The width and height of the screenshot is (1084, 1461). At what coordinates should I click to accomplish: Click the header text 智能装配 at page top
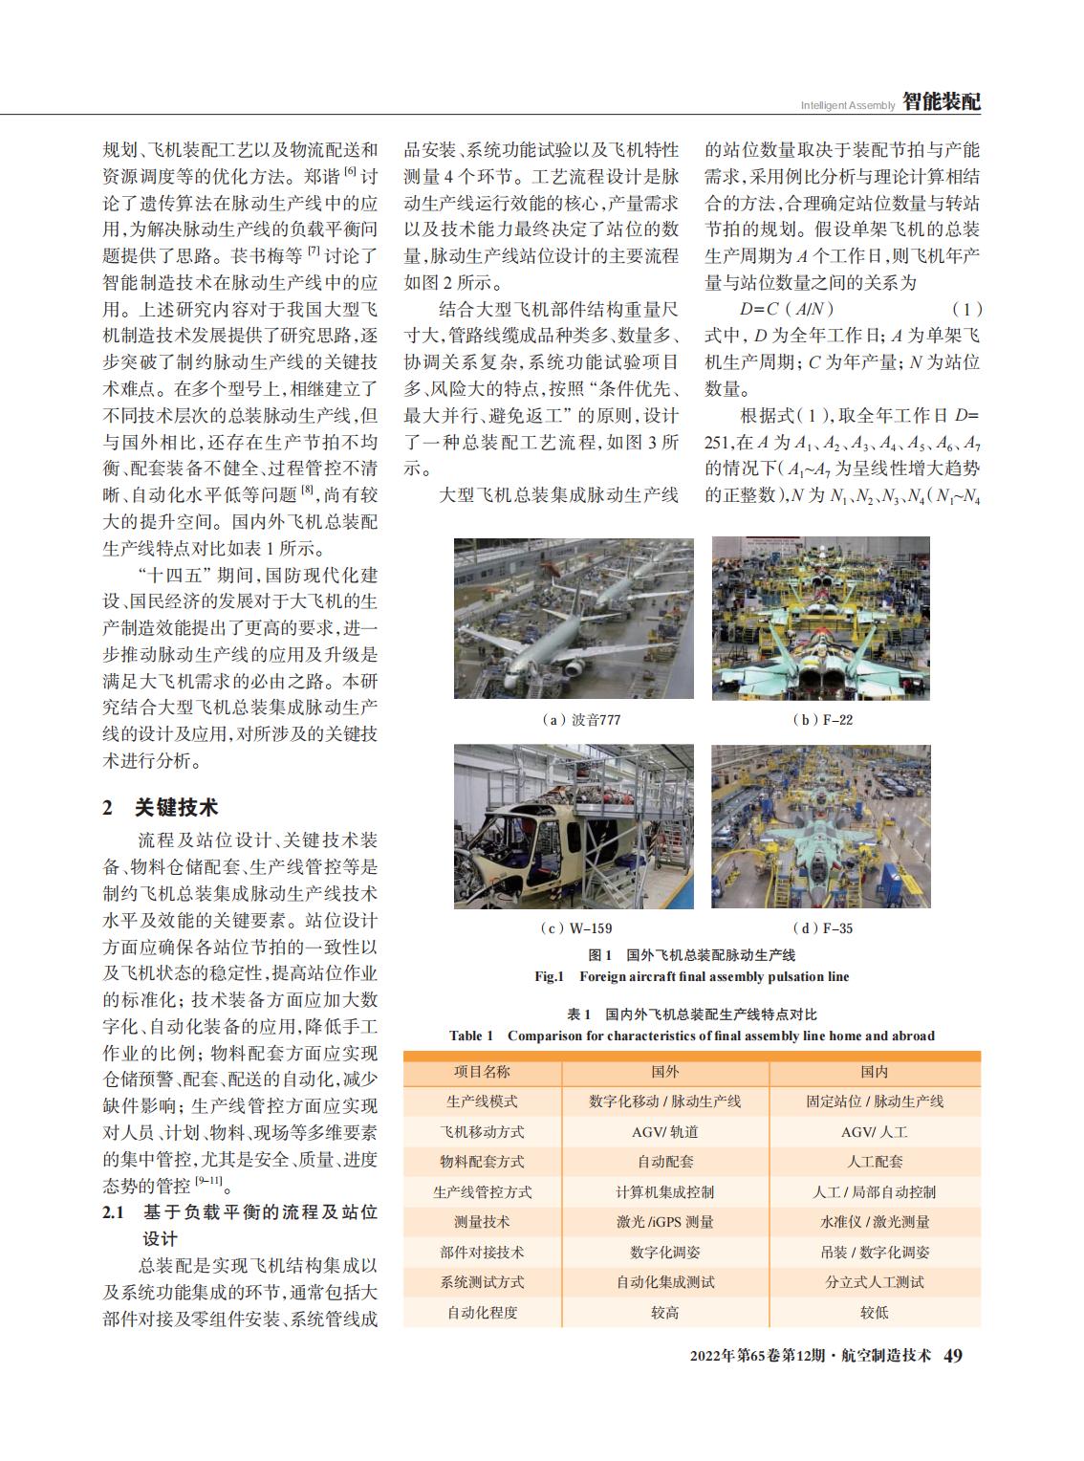point(942,102)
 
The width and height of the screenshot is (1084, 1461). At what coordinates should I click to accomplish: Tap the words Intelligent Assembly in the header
point(848,105)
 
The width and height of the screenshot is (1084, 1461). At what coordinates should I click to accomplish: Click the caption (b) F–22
point(823,720)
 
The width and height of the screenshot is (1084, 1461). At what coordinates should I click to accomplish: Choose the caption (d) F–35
point(823,927)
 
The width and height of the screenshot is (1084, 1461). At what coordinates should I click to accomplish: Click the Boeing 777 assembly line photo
point(574,618)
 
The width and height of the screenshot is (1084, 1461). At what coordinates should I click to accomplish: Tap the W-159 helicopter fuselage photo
point(574,826)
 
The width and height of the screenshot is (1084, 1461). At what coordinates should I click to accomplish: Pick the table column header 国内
point(874,1072)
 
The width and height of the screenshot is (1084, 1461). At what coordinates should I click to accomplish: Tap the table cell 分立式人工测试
point(874,1282)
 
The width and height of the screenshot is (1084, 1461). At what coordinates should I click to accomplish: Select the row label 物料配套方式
point(482,1162)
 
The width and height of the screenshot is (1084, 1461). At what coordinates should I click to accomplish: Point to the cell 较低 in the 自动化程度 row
point(874,1313)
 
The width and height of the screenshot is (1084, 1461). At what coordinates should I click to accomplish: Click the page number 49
point(953,1357)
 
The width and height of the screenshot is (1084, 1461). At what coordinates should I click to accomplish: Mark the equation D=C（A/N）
point(787,309)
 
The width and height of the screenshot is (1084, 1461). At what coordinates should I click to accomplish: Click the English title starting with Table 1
point(692,1036)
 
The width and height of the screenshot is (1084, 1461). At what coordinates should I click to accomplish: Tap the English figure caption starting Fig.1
point(691,976)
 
